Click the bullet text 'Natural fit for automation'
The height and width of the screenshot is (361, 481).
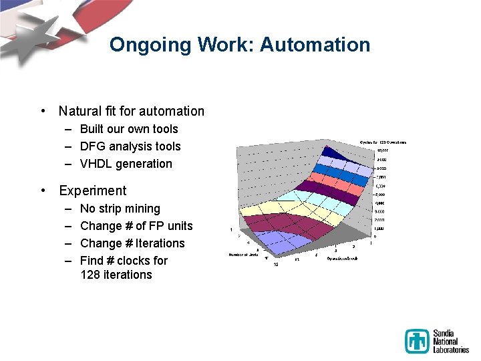point(132,111)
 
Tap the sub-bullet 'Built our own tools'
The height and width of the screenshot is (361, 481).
point(129,129)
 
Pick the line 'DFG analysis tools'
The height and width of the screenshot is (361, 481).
point(130,146)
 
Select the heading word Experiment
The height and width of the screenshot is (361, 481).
point(92,191)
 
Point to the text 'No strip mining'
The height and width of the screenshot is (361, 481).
point(120,209)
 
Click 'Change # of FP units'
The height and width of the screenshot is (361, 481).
point(136,226)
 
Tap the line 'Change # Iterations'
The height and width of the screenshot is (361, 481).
point(132,243)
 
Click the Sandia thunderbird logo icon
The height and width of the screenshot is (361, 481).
point(417,341)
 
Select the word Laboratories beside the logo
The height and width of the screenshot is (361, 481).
point(451,349)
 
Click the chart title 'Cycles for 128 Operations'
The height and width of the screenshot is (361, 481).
point(382,142)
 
